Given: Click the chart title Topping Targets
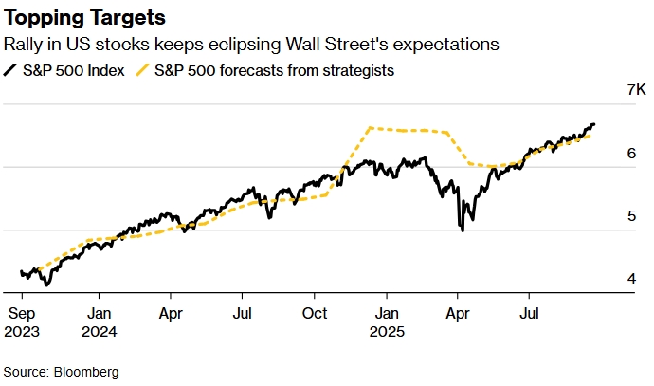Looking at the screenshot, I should tap(84, 18).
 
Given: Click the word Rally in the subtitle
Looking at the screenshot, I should tap(25, 44).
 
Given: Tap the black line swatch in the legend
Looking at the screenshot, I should tap(11, 69).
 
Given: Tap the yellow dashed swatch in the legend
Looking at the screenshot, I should tap(142, 69).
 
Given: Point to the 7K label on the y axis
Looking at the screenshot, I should tap(609, 91).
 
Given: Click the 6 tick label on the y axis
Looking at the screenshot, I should tap(618, 154).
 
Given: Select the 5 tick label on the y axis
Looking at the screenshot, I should tap(618, 216).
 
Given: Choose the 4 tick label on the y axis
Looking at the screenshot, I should tap(618, 279).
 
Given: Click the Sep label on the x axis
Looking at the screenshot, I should tap(23, 312).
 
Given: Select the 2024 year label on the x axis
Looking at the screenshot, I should tap(101, 331).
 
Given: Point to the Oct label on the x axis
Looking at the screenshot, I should tap(316, 312).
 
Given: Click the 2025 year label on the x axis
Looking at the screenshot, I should tap(387, 331).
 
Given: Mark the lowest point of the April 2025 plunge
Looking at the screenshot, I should tap(463, 230).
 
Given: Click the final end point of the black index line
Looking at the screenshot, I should tap(594, 124).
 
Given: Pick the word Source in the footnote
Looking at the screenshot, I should tap(26, 372).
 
